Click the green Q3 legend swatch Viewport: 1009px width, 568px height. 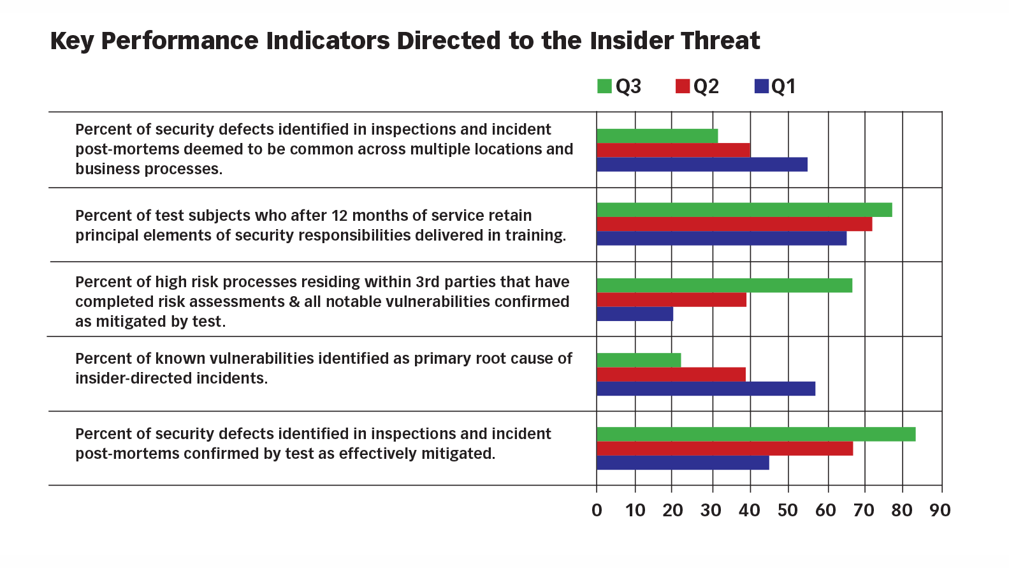tap(604, 86)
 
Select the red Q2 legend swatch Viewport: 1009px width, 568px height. tap(683, 86)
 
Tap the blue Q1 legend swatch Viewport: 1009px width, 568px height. tap(761, 86)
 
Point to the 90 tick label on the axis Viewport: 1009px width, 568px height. tap(940, 511)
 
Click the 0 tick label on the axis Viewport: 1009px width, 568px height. tap(597, 511)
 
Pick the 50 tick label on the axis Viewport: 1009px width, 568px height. tap(787, 511)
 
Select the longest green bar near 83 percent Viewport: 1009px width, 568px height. tap(756, 434)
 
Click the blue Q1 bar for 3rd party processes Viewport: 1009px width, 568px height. tap(635, 314)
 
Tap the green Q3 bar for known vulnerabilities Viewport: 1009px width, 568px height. tap(639, 360)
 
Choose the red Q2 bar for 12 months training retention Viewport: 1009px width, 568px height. tap(734, 224)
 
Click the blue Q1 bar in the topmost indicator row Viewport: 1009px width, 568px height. tap(702, 165)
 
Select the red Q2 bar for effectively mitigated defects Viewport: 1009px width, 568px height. tap(725, 449)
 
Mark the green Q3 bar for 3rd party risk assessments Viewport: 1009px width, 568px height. tap(724, 285)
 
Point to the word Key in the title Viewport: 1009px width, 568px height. tap(72, 41)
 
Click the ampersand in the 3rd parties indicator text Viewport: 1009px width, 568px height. tap(294, 302)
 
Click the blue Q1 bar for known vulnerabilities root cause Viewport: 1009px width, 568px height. tap(706, 389)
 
